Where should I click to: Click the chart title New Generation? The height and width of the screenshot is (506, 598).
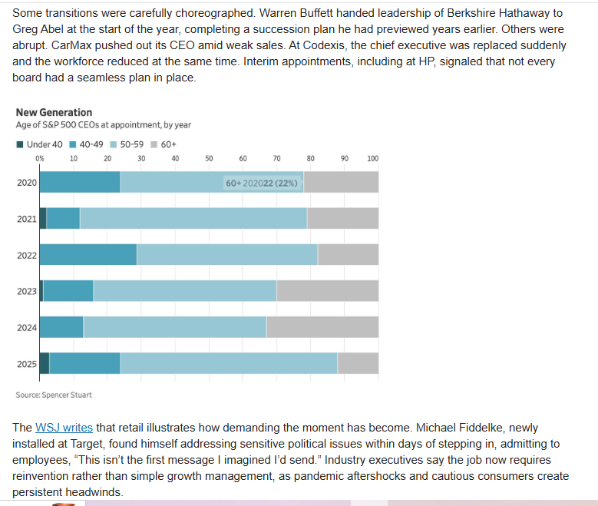point(54,112)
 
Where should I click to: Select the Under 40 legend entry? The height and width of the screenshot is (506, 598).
point(39,144)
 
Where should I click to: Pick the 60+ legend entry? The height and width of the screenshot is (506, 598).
point(165,144)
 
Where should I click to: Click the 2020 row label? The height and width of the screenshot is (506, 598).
point(27,182)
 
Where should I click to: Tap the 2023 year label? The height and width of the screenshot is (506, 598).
point(27,291)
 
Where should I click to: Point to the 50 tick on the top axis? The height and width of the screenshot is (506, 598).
point(209,158)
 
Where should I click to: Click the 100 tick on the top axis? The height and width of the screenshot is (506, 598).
point(373,158)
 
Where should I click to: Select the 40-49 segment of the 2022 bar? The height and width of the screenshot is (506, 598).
point(88,255)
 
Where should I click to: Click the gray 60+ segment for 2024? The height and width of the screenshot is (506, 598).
point(322,327)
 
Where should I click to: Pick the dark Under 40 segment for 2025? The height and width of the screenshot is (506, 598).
point(44,363)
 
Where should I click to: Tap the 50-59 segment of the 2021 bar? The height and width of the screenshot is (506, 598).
point(193,218)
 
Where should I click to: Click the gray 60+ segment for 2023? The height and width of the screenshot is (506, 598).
point(327,291)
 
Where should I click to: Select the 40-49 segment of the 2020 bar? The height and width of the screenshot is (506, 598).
point(80,182)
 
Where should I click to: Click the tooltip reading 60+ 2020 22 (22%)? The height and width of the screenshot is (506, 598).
point(262,183)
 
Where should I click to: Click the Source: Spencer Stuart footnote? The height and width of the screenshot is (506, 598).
point(54,395)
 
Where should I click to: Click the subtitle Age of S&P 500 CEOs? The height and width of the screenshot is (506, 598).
point(103,125)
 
